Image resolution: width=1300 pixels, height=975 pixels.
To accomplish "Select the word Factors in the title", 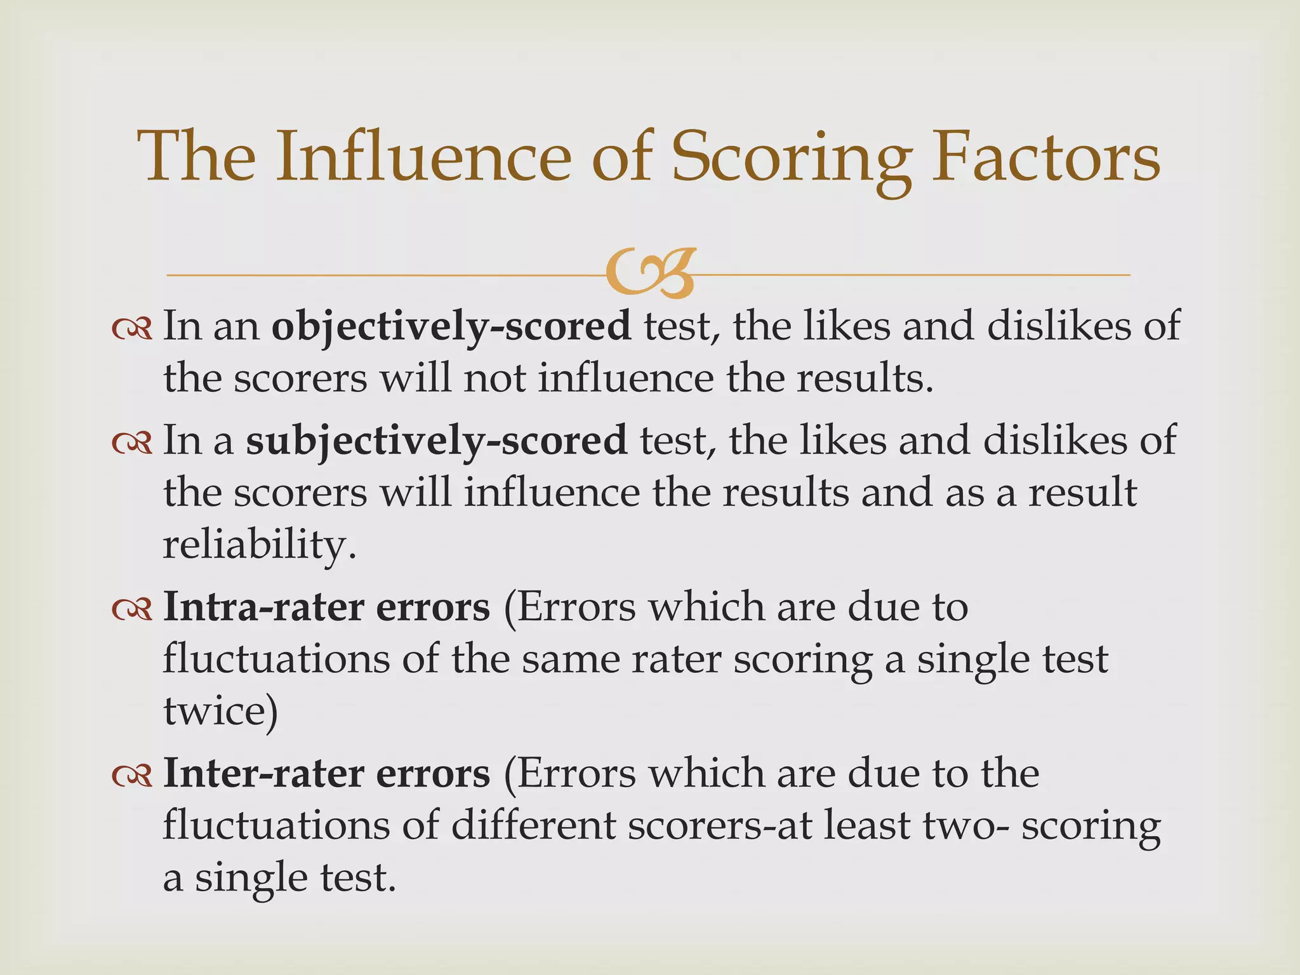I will (1045, 157).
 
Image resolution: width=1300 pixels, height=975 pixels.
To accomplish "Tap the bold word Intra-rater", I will (263, 607).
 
